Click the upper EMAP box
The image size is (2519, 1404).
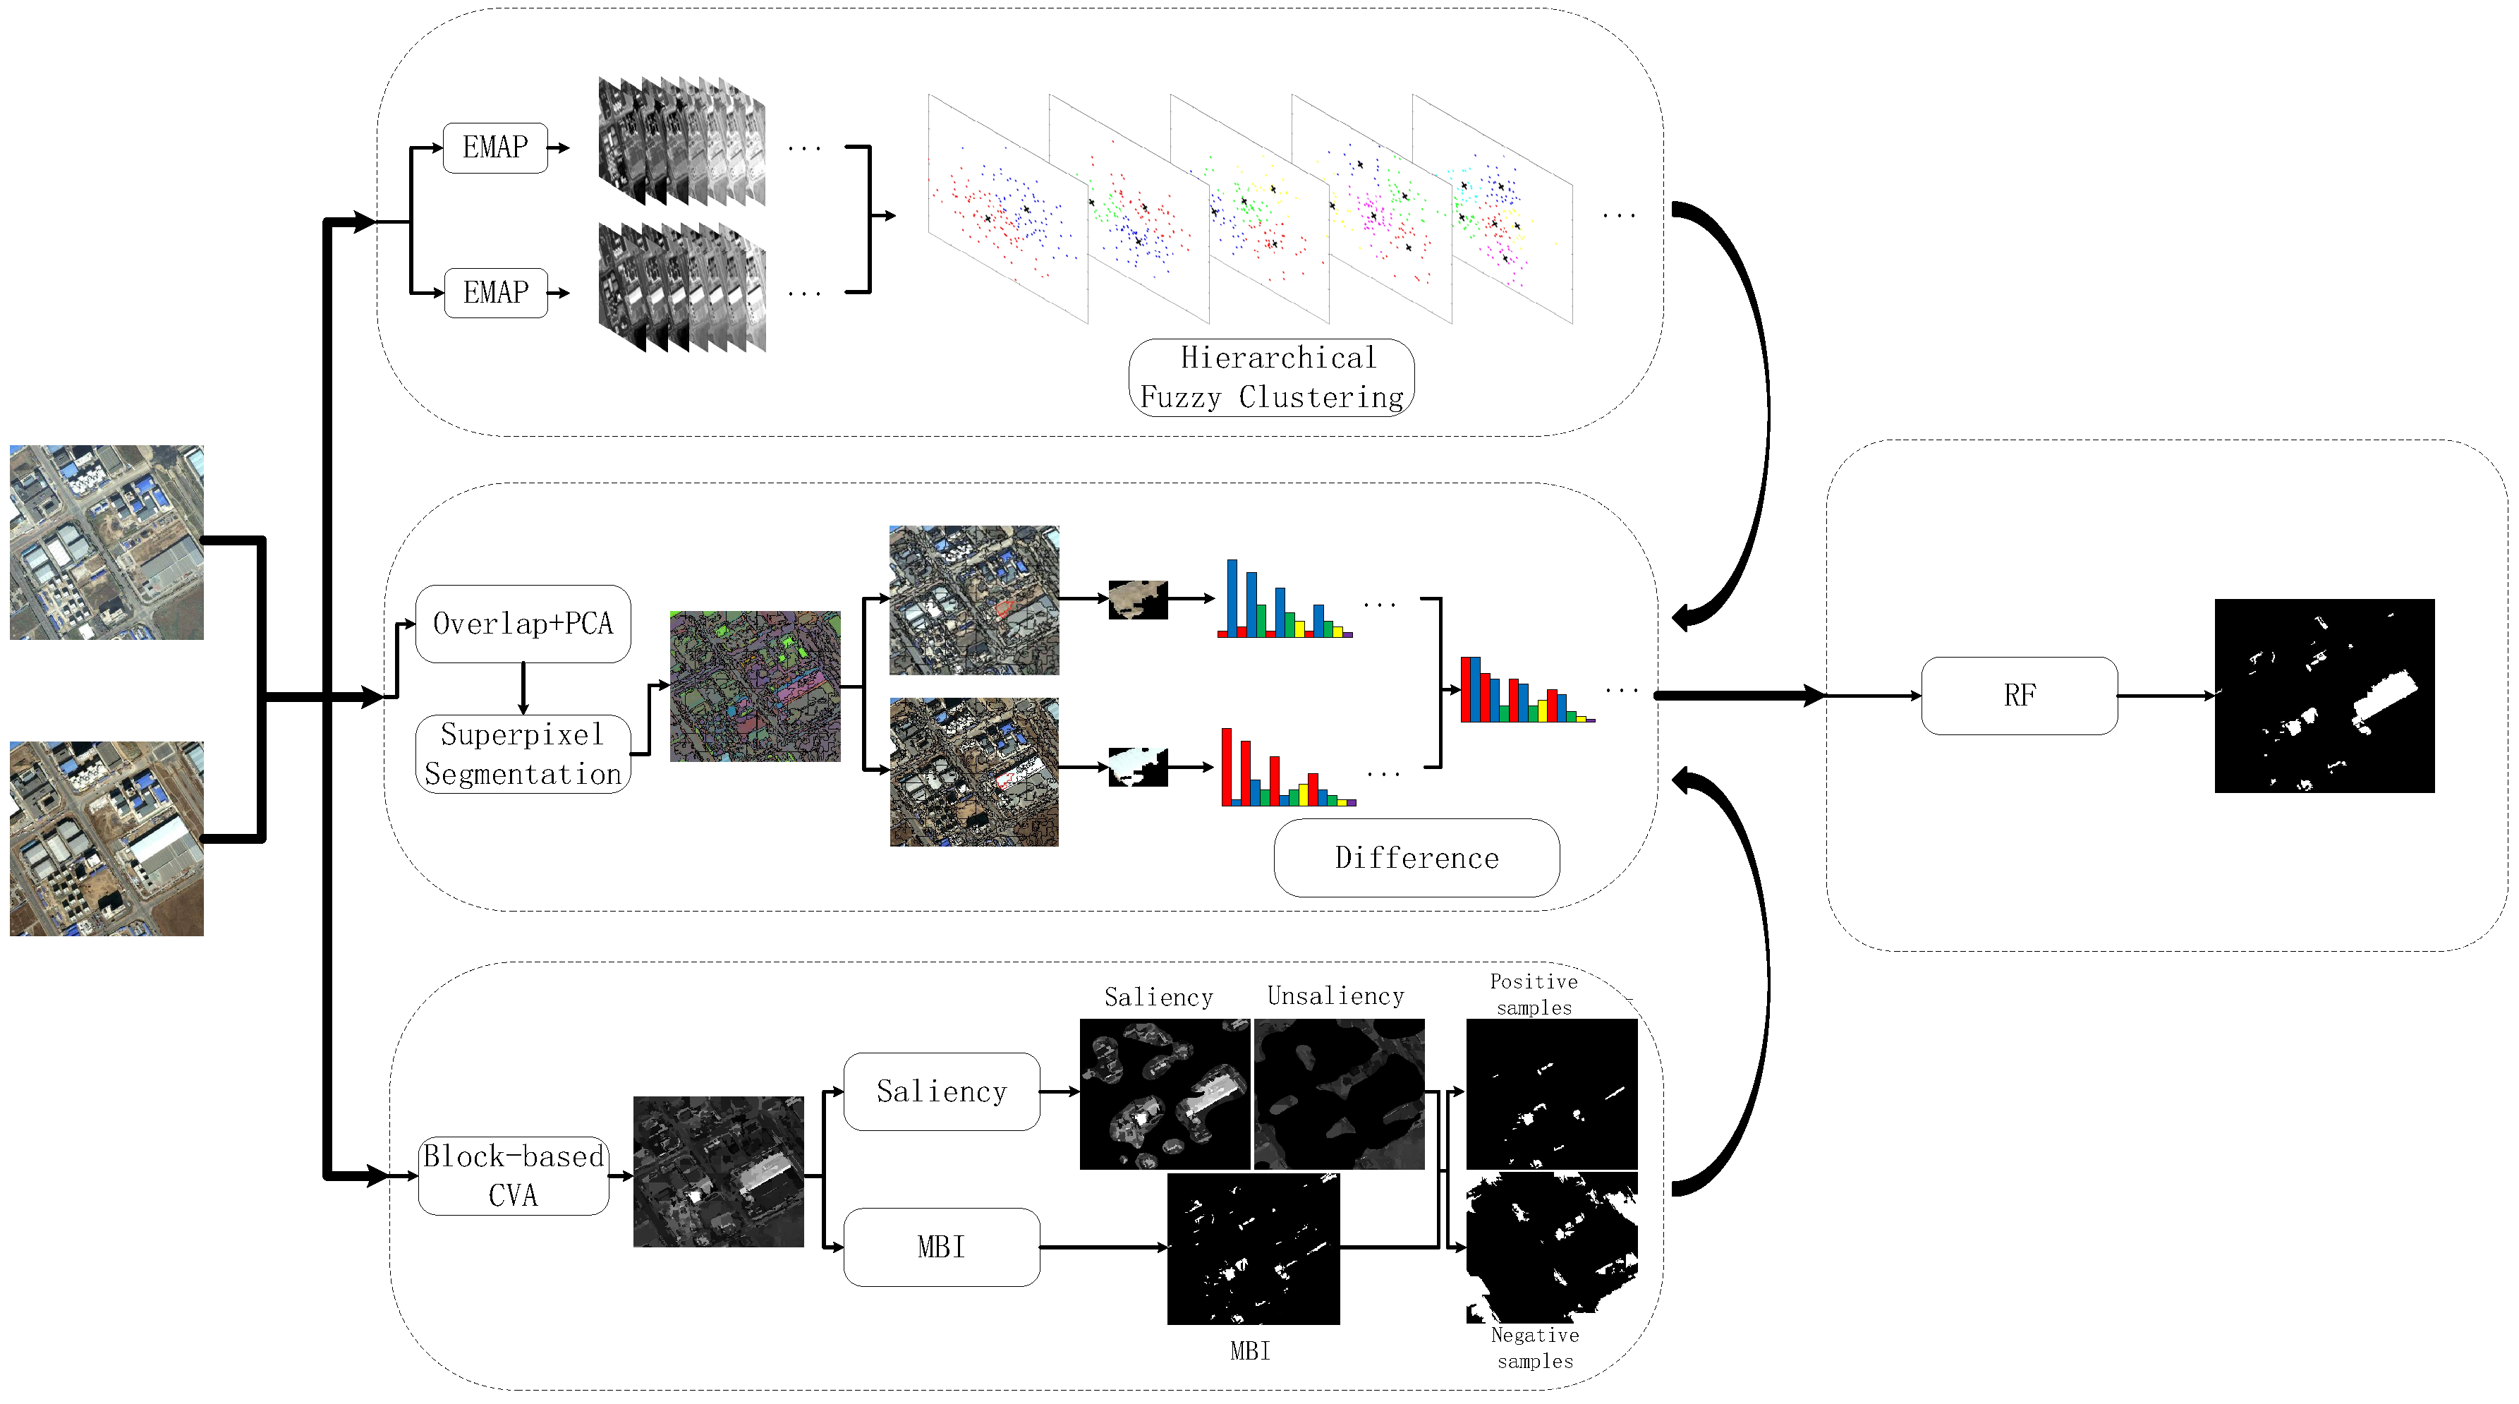pos(494,147)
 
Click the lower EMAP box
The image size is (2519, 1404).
pos(494,292)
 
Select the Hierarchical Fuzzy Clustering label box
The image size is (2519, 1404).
pos(1271,377)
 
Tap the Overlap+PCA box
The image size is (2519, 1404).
pos(523,624)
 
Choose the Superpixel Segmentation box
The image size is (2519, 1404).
pos(523,754)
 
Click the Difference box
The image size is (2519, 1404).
pos(1416,857)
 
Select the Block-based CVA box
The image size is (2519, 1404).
pos(514,1175)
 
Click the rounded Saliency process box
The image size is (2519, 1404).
pos(941,1091)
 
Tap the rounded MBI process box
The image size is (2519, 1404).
pos(941,1247)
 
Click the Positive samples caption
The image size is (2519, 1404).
pos(1534,994)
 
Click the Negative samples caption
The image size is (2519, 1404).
pos(1534,1348)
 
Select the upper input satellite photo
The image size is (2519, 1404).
pos(107,543)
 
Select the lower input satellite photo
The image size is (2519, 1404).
pos(107,838)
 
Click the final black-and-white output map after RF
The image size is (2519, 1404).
pos(2324,695)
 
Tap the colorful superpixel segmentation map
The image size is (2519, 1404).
pos(755,686)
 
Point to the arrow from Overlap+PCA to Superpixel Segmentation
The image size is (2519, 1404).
pos(523,689)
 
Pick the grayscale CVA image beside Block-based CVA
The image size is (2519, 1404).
pos(719,1171)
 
